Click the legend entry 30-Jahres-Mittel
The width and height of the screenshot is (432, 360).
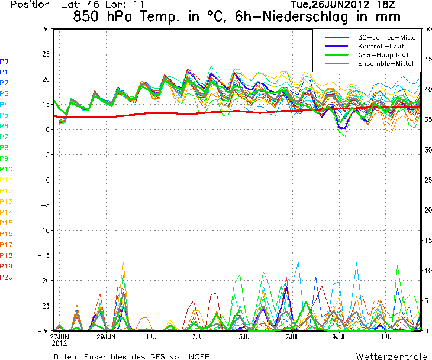(388, 37)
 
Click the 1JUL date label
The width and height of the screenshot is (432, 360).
(153, 337)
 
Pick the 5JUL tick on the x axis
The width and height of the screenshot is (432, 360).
(246, 337)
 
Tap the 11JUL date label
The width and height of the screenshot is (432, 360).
(386, 337)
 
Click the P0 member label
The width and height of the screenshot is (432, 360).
(4, 61)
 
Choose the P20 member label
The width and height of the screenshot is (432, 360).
(7, 277)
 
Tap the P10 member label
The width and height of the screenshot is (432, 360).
(7, 169)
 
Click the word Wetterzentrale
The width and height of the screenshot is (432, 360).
(391, 356)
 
